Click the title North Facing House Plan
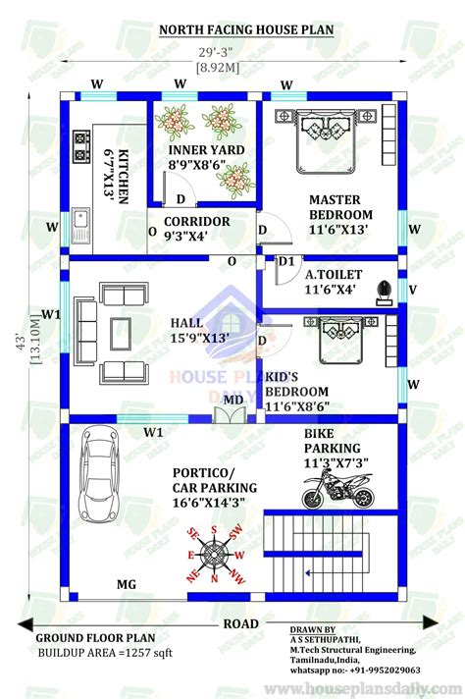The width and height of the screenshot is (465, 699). [246, 30]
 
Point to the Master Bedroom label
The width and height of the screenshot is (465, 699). [340, 214]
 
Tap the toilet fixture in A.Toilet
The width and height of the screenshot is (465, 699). [386, 290]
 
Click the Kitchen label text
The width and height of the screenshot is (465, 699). [118, 177]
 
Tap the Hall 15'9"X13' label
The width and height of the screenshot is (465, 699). [200, 330]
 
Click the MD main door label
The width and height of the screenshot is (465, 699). [233, 399]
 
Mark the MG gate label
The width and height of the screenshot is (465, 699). [127, 585]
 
